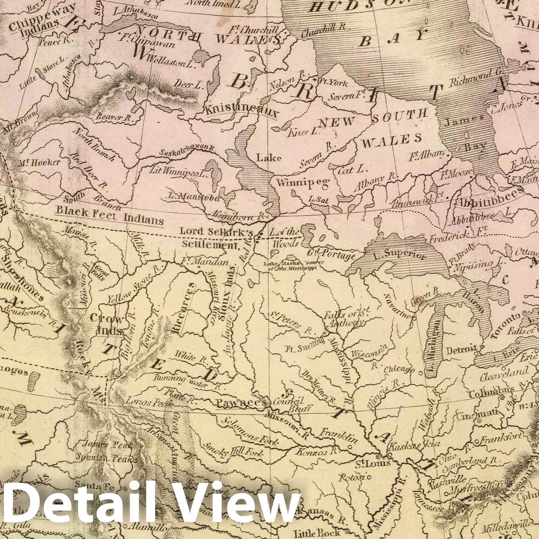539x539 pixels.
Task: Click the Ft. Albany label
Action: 427,155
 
